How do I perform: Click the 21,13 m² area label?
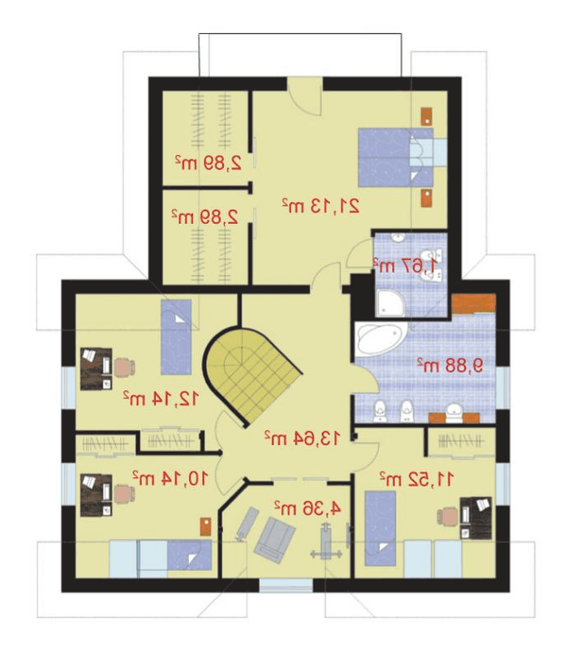tap(321, 206)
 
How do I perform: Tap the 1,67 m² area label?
tap(406, 265)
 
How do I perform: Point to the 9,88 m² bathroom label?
tap(450, 365)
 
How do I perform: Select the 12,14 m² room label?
tap(160, 398)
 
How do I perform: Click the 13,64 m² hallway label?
tap(302, 437)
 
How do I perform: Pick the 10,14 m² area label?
tap(170, 479)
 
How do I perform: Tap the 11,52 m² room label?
tap(416, 479)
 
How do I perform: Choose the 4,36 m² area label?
tap(308, 508)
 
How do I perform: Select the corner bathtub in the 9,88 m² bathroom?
tap(381, 339)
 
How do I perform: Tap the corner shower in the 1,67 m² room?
tap(390, 302)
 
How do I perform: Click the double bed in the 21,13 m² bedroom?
tap(396, 157)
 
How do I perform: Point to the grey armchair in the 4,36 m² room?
tap(274, 539)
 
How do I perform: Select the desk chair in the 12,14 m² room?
tap(124, 367)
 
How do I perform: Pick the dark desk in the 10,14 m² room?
tap(97, 495)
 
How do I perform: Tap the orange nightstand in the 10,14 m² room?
tap(205, 526)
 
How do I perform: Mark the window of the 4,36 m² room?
tap(286, 585)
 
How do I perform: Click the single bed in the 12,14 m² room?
tap(176, 337)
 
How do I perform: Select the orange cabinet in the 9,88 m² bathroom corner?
tap(474, 304)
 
